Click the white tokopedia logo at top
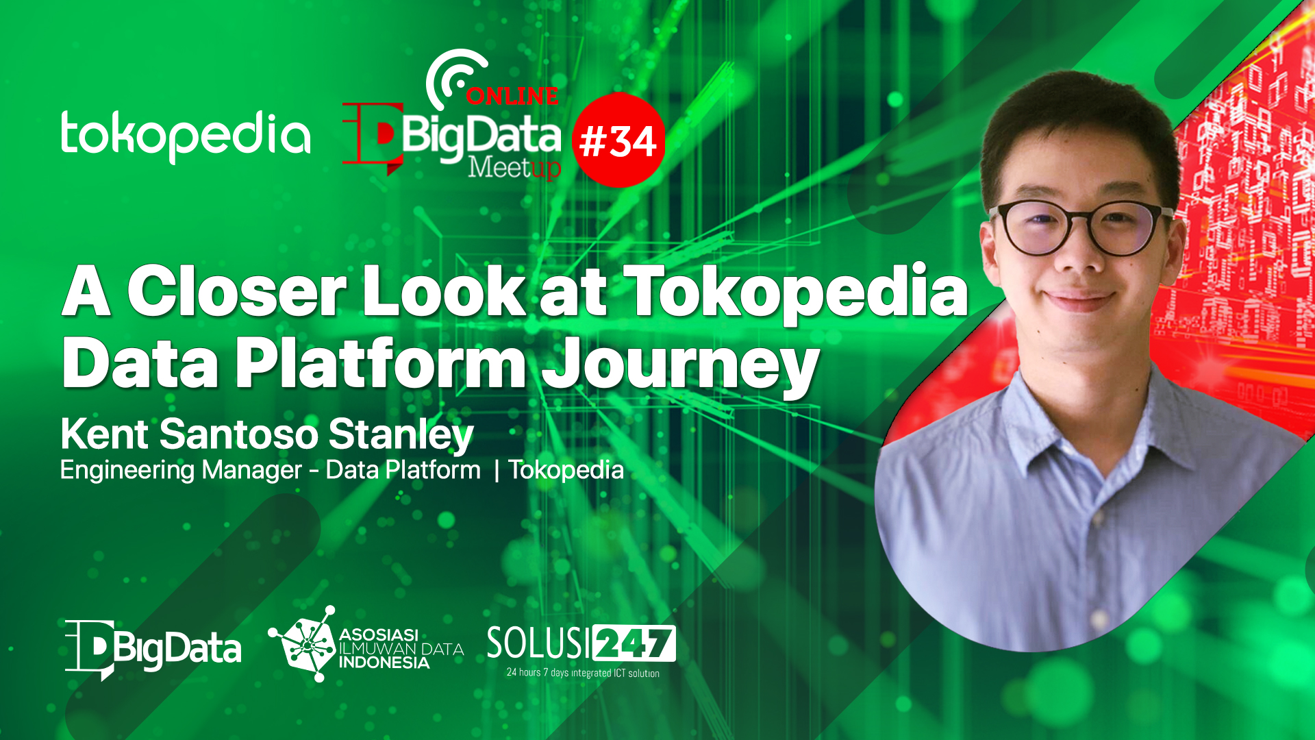pyautogui.click(x=186, y=136)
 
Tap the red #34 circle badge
pyautogui.click(x=618, y=140)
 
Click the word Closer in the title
pyautogui.click(x=237, y=291)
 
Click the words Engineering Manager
pyautogui.click(x=181, y=471)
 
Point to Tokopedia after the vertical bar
pyautogui.click(x=566, y=470)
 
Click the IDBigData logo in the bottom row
pyautogui.click(x=153, y=649)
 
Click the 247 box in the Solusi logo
pyautogui.click(x=634, y=643)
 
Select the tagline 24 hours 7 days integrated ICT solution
pyautogui.click(x=583, y=673)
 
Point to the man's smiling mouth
pyautogui.click(x=1080, y=300)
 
